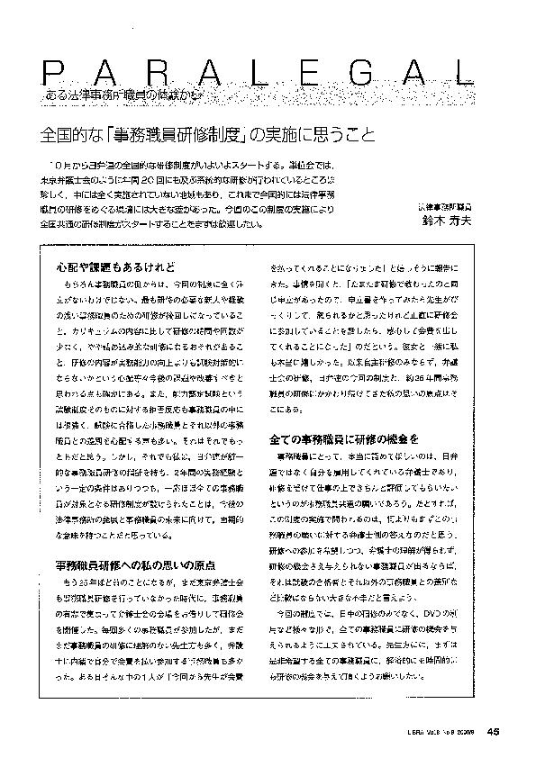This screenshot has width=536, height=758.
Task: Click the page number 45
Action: tap(495, 730)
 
